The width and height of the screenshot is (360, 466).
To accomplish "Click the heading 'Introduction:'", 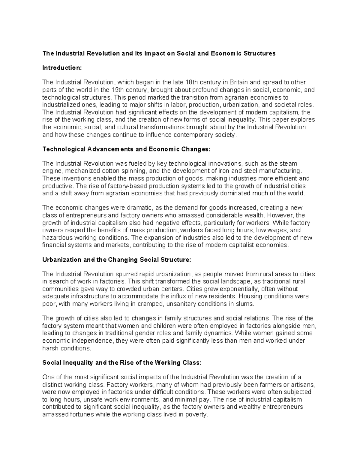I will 62,68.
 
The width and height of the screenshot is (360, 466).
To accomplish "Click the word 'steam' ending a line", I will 288,164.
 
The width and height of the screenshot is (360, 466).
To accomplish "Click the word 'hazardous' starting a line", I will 56,237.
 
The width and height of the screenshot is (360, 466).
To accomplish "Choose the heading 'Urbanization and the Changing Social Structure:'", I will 116,260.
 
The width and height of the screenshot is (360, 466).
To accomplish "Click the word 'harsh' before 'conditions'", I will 51,348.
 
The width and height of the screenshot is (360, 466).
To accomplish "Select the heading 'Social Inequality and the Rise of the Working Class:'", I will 122,362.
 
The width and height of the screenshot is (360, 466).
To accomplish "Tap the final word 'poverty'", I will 197,414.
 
